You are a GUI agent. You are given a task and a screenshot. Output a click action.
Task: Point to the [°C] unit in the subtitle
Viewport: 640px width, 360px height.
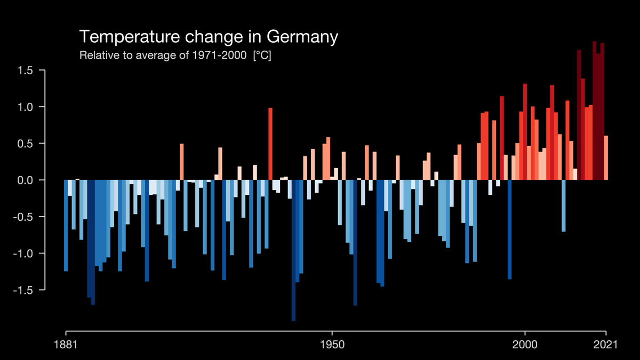(x=261, y=55)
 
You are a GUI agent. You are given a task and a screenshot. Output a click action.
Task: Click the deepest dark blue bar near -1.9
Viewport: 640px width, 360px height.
(x=293, y=251)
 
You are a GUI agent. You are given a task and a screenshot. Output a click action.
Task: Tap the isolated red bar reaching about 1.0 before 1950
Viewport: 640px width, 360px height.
(x=270, y=144)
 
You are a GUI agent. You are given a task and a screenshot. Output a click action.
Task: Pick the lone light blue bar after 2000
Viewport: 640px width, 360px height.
(x=563, y=205)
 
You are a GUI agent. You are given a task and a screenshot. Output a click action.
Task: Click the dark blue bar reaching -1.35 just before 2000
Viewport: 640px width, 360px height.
(x=509, y=229)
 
